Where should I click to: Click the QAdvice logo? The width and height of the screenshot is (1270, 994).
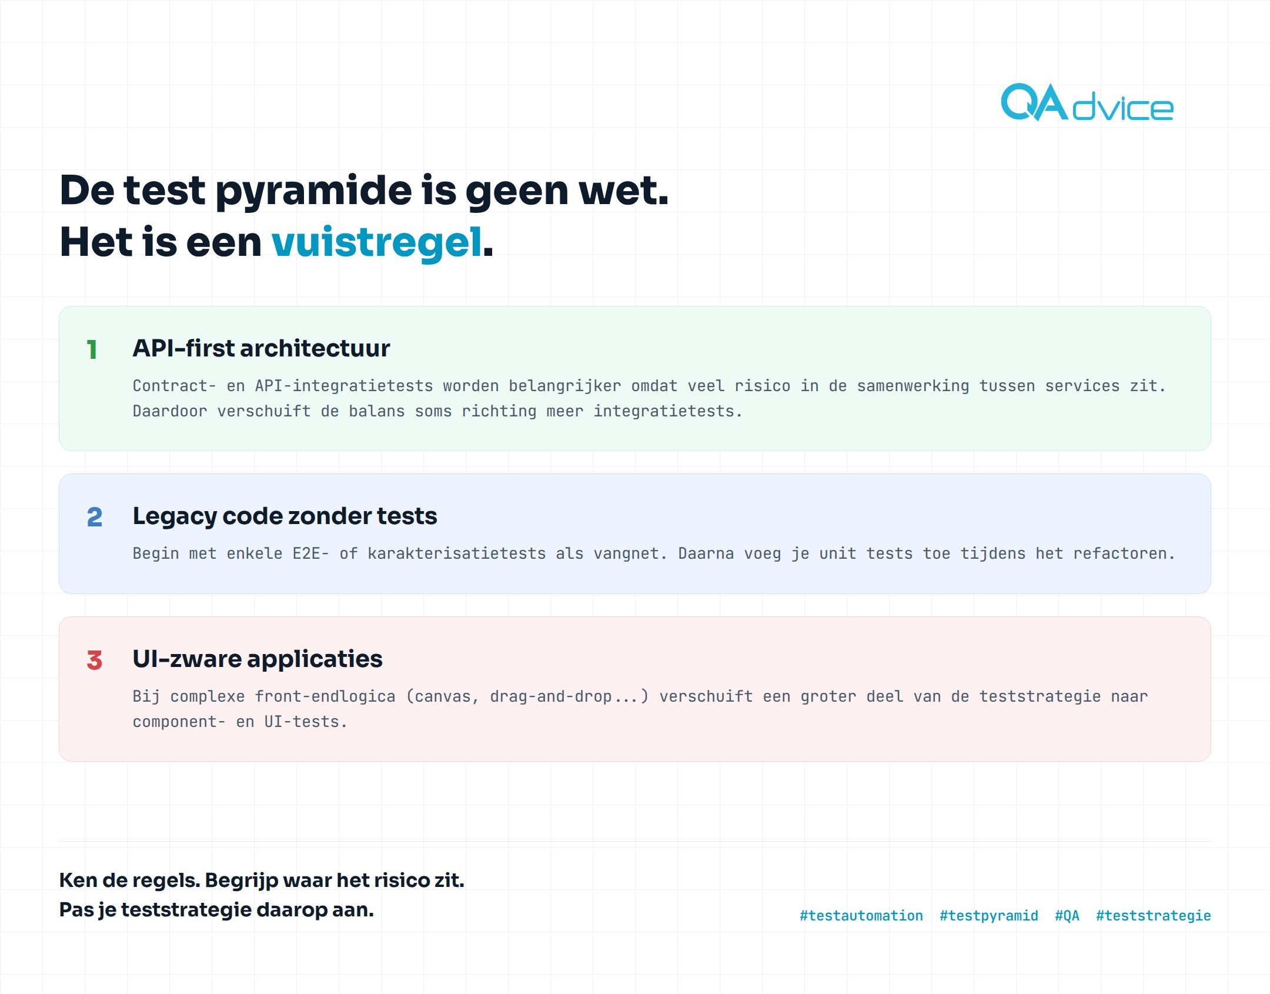click(x=1087, y=102)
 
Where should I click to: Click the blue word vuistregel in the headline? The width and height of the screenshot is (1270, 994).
click(x=377, y=242)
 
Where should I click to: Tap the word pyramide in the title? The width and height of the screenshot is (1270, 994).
click(x=313, y=191)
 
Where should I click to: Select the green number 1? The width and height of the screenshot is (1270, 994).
click(x=92, y=349)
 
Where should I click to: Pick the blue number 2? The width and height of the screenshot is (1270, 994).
click(x=95, y=517)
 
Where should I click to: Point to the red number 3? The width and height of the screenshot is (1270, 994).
click(x=95, y=660)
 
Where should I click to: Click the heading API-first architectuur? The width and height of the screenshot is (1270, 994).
click(x=261, y=348)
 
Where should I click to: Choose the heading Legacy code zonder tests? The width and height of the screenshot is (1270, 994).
click(x=285, y=516)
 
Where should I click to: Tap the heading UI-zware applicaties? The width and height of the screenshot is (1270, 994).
click(x=258, y=659)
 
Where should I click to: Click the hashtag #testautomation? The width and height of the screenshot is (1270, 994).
click(x=861, y=916)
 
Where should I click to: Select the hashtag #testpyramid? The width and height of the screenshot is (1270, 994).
click(x=989, y=916)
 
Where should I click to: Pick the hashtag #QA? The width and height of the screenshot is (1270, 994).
click(x=1067, y=916)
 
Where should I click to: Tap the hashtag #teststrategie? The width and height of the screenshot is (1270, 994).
click(x=1154, y=916)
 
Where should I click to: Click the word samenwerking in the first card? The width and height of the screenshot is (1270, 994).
click(x=913, y=386)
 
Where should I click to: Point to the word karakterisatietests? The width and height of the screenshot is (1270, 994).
click(x=457, y=553)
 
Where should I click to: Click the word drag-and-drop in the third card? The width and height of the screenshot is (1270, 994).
click(x=551, y=696)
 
